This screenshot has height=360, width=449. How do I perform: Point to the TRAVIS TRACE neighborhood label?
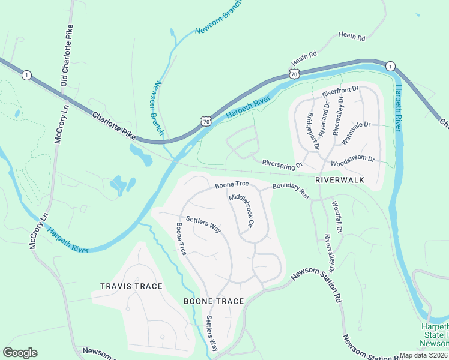[x=132, y=286]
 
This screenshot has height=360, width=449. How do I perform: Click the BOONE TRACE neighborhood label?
[x=214, y=301]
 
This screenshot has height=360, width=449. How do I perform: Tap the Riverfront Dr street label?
[x=340, y=92]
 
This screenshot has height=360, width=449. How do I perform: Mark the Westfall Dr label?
[x=336, y=217]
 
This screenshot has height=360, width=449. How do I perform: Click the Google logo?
[x=20, y=353]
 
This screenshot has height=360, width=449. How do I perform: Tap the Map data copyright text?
[x=424, y=355]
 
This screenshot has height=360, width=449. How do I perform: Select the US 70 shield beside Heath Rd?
[x=293, y=73]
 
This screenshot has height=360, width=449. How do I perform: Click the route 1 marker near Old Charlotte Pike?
[x=26, y=75]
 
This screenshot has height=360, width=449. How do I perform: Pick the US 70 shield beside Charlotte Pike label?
[x=205, y=121]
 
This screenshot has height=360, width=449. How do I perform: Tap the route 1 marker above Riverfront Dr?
[x=390, y=65]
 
